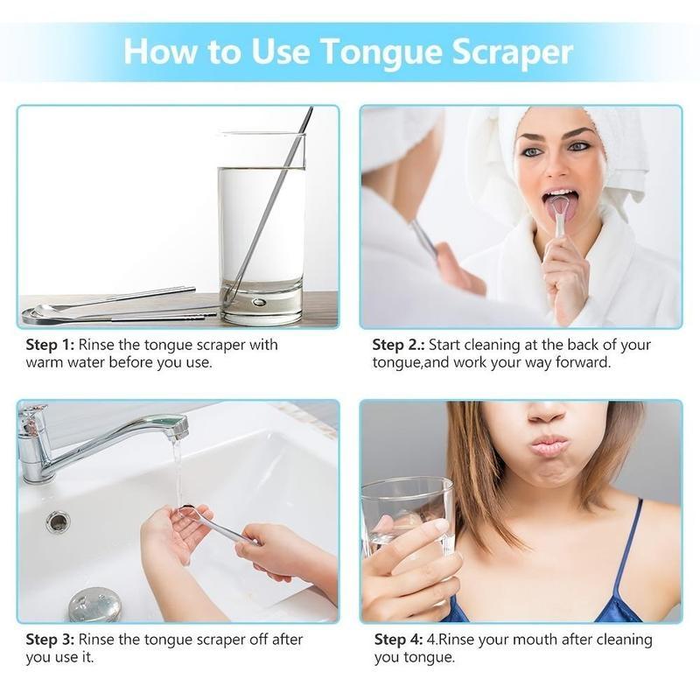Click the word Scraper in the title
[x=512, y=52]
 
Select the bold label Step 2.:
[x=402, y=345]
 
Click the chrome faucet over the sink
[x=96, y=437]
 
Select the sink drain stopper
[x=94, y=604]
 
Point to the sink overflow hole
[x=58, y=522]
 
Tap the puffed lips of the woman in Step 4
[x=549, y=445]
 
